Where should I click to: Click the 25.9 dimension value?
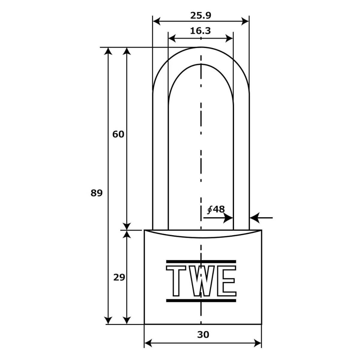click(200, 16)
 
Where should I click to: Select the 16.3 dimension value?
click(200, 31)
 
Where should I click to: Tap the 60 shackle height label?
click(118, 134)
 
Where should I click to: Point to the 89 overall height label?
click(97, 193)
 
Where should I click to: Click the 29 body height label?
click(119, 277)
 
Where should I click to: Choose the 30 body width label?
click(203, 334)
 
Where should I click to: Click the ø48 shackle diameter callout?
click(216, 209)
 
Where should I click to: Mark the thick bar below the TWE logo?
click(201, 300)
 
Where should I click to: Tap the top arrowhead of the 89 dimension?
click(108, 51)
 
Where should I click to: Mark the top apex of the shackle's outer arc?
click(201, 47)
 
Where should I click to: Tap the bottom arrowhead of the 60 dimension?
click(127, 226)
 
